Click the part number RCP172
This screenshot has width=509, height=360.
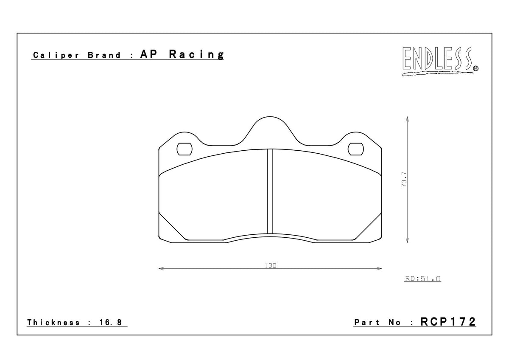tap(448, 322)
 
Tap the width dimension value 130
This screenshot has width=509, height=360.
tap(271, 265)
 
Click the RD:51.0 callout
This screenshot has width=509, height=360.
tap(423, 279)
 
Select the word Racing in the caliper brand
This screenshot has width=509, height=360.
tap(196, 54)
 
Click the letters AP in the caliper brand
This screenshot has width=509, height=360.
tap(148, 54)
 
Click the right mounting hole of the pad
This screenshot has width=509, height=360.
tap(356, 149)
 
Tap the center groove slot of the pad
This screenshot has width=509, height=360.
tap(270, 191)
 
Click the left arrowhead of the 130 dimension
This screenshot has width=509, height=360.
tap(160, 268)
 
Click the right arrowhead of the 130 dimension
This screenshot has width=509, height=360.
tap(380, 268)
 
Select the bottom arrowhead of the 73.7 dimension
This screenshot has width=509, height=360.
tap(407, 241)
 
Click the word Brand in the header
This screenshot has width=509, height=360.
tap(104, 55)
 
